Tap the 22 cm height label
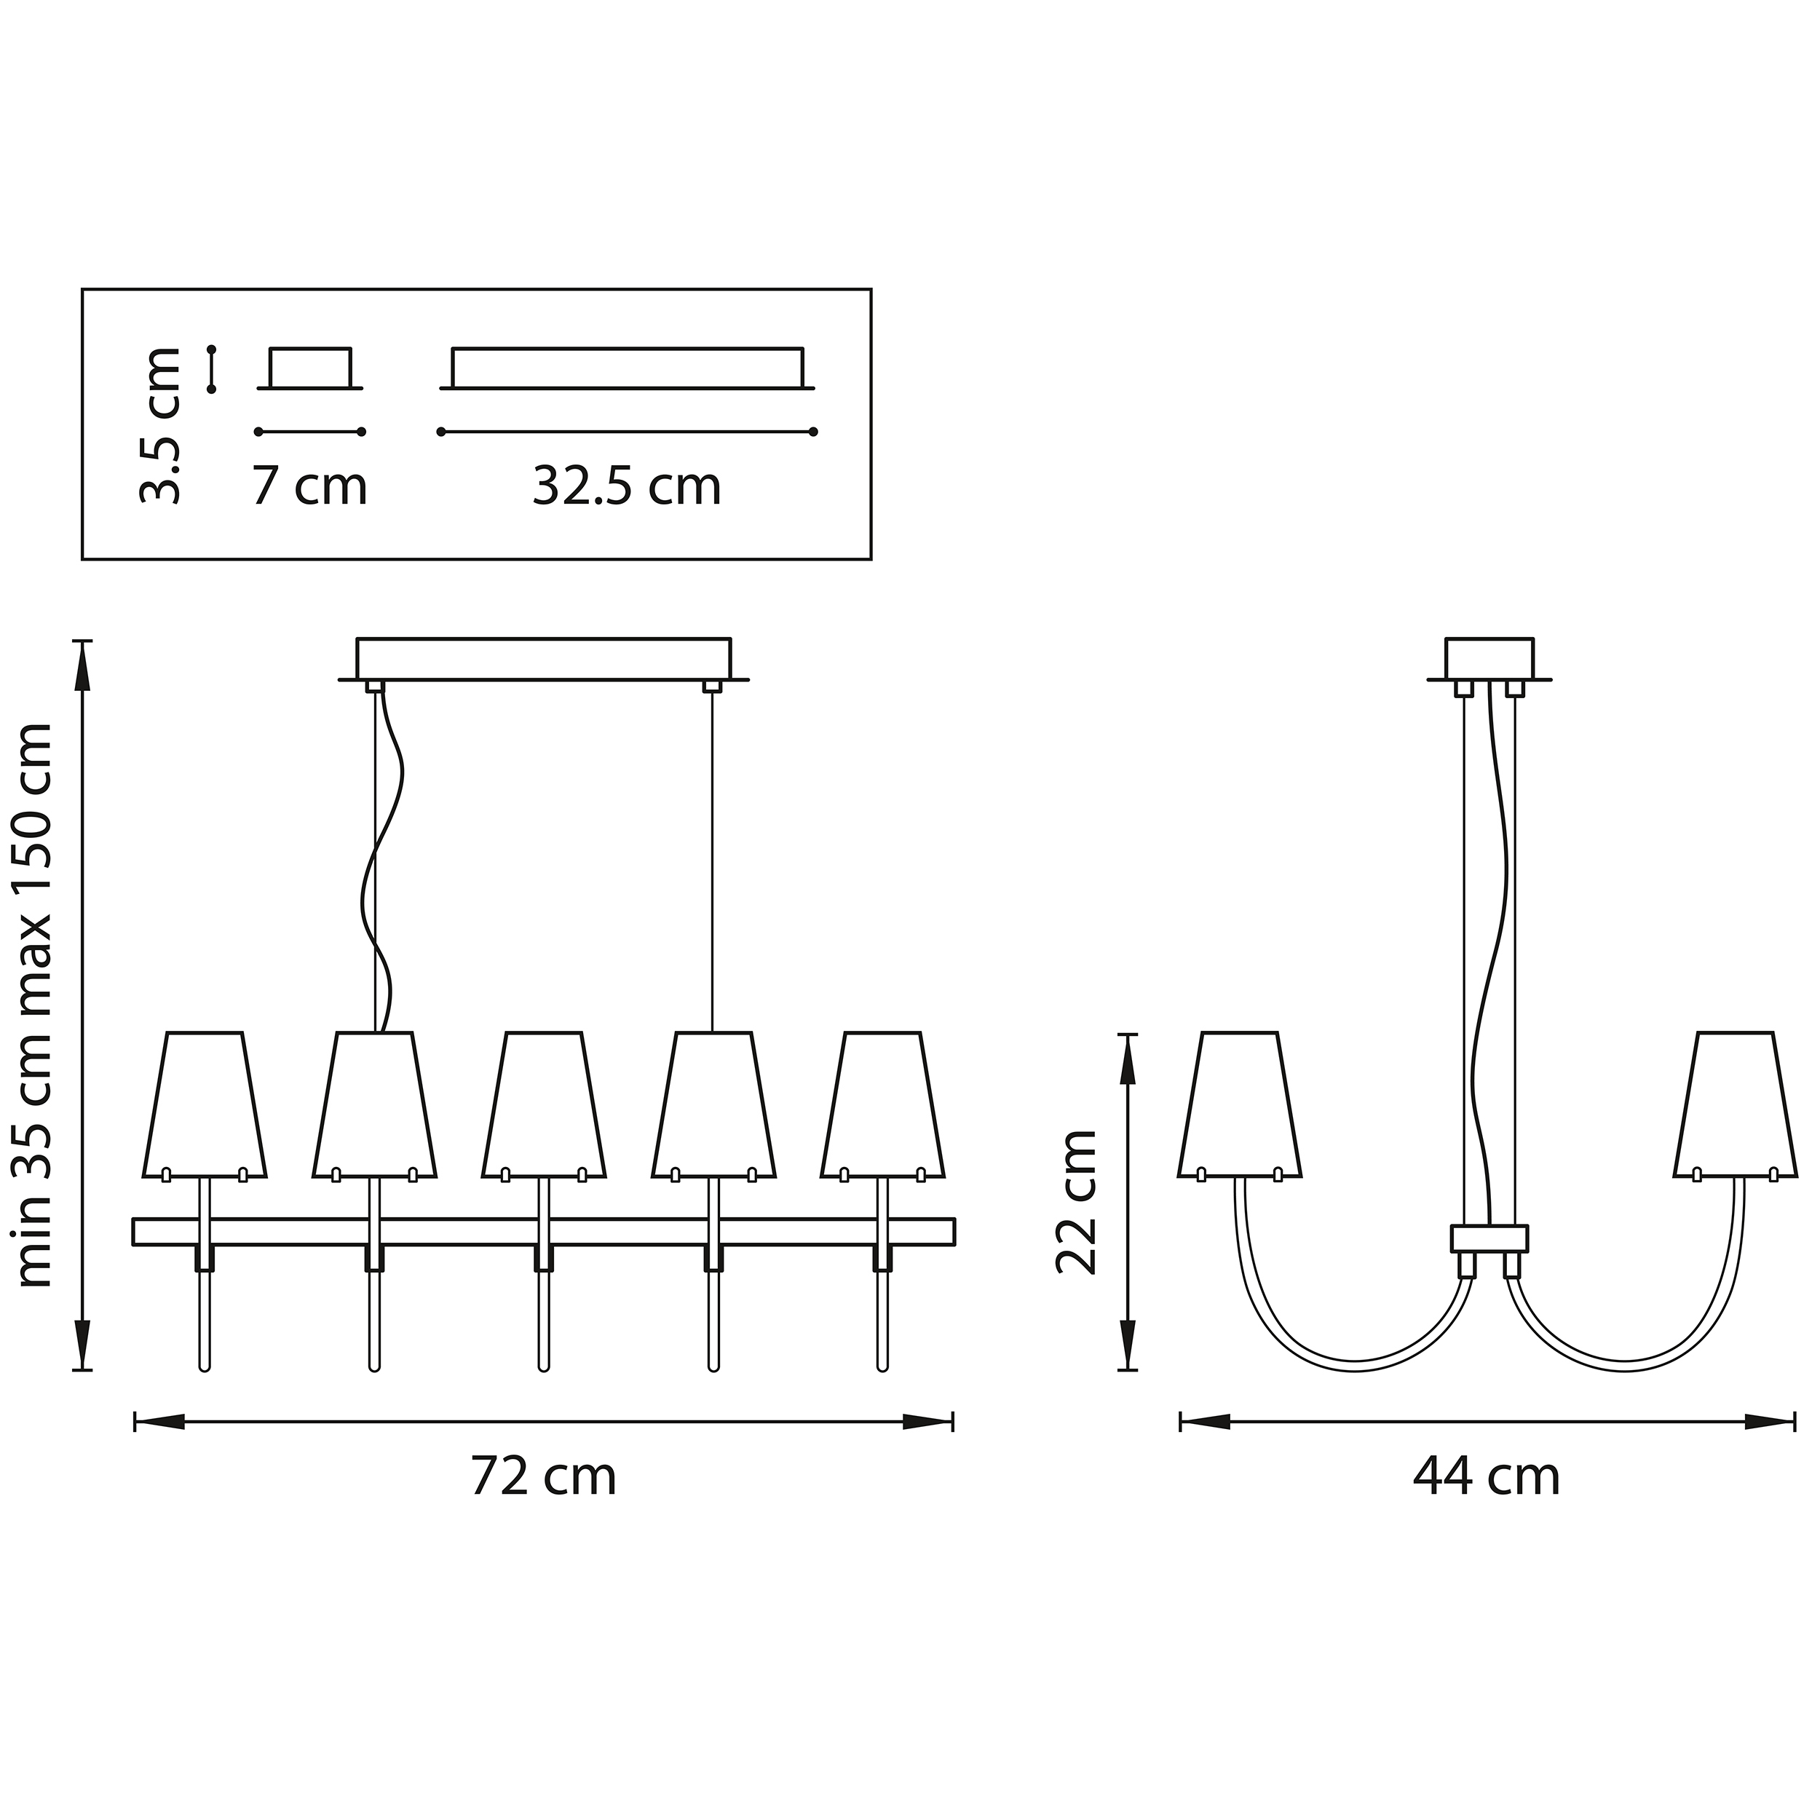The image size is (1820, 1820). [1076, 1201]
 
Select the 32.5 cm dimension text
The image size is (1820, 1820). [627, 487]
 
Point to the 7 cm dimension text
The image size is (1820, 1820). [309, 487]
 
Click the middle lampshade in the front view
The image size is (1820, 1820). [544, 1105]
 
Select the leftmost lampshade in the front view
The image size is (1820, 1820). [205, 1105]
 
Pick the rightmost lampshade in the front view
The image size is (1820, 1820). [882, 1105]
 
